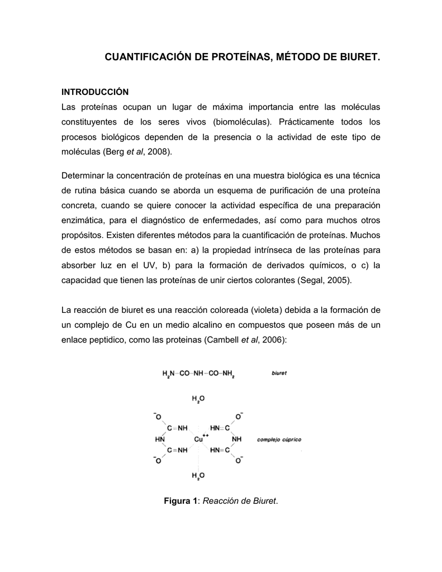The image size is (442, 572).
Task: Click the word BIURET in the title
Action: tap(358, 58)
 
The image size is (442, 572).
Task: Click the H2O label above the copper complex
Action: tap(198, 399)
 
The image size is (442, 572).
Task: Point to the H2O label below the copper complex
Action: tap(198, 476)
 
